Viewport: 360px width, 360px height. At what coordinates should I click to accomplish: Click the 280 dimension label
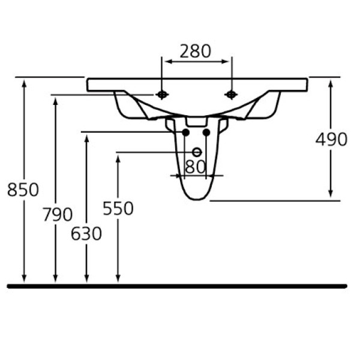196,52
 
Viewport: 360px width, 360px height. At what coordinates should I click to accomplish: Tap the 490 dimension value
331,139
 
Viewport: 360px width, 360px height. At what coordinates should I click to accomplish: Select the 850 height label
23,190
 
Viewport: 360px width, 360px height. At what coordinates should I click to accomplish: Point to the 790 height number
57,214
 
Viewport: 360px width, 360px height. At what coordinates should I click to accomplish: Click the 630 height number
86,233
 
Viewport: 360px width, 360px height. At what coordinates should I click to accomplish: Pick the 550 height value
118,208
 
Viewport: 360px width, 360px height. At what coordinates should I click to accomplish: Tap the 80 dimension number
196,167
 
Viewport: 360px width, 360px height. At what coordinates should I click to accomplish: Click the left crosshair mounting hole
162,94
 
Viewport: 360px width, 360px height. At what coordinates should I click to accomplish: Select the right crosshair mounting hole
230,94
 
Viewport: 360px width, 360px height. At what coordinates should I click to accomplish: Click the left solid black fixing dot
186,132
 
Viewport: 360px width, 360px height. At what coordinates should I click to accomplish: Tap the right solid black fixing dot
206,132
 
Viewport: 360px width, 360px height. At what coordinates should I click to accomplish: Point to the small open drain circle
196,152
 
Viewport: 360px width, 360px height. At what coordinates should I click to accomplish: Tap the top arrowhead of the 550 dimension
118,157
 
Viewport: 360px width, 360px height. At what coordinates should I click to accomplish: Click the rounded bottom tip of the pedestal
196,199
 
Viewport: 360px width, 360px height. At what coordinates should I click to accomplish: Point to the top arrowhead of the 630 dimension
87,137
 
